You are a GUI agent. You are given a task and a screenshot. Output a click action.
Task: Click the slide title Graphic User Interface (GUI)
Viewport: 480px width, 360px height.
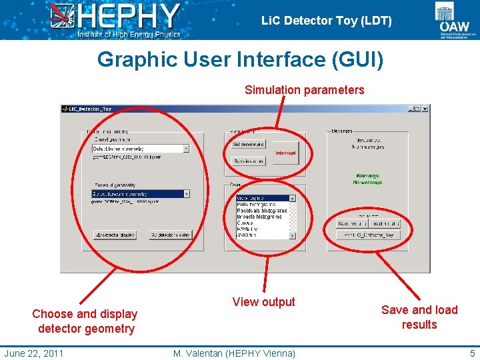(240, 59)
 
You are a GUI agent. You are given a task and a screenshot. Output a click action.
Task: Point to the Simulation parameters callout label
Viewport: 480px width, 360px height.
(305, 89)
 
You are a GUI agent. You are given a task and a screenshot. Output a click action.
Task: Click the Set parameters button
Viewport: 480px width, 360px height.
(249, 144)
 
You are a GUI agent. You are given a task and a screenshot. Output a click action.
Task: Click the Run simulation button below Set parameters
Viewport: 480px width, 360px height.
(249, 161)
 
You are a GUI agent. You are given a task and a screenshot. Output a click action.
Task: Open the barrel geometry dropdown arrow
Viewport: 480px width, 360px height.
(186, 149)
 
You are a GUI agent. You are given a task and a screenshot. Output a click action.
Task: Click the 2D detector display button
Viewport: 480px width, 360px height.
(115, 235)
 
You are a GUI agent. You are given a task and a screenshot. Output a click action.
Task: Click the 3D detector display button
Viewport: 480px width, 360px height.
(170, 235)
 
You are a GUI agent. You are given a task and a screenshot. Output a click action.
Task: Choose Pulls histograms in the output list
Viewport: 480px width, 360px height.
(262, 204)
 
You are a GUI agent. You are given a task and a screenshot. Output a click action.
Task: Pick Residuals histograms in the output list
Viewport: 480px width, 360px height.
(262, 211)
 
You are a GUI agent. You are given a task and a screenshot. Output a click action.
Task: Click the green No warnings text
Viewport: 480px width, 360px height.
(368, 182)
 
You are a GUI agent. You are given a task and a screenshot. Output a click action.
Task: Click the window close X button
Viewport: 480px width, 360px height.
(425, 109)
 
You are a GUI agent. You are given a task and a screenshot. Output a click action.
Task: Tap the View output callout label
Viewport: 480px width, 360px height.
(263, 302)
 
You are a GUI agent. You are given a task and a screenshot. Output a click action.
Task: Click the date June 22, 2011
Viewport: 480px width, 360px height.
(33, 353)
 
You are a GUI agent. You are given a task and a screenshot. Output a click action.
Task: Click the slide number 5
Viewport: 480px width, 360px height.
(472, 353)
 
